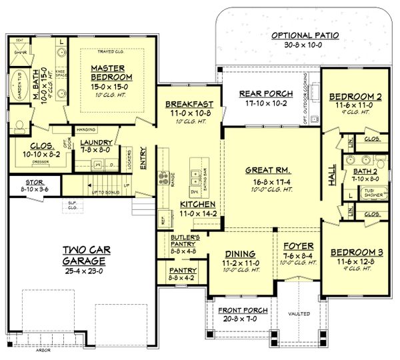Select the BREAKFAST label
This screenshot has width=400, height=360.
point(189,104)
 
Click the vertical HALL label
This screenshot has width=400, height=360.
point(331,172)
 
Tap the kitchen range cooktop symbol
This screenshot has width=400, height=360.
point(161,177)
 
